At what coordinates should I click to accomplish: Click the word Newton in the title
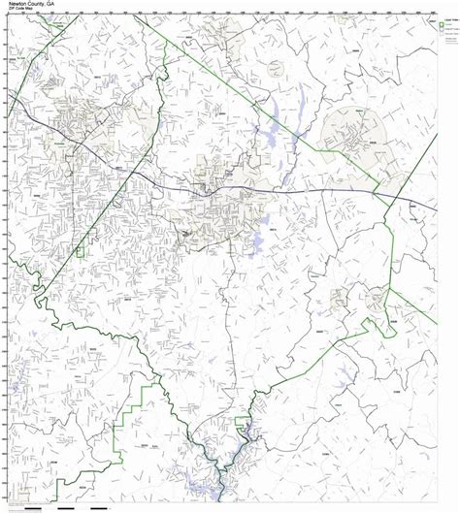[x=16, y=4]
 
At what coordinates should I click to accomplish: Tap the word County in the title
[x=39, y=4]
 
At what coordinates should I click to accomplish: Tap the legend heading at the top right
[x=444, y=17]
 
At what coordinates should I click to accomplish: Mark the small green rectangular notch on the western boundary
[x=82, y=251]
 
